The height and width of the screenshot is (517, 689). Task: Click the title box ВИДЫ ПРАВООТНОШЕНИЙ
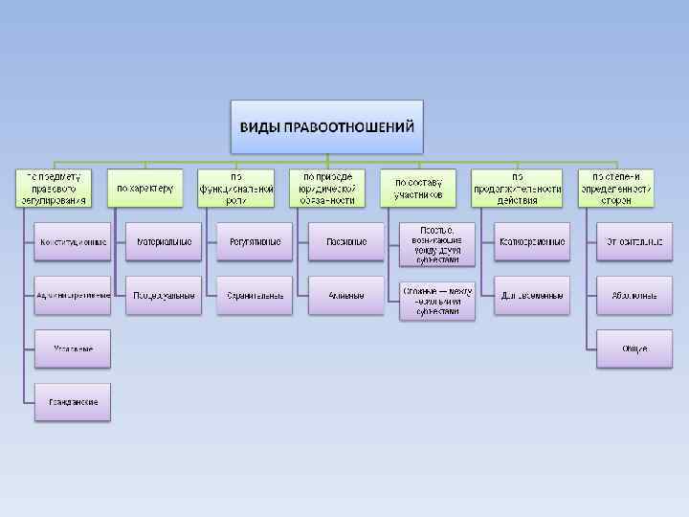coord(327,126)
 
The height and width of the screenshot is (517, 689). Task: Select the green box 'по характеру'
coord(145,189)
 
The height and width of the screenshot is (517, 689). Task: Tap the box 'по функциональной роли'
coord(236,189)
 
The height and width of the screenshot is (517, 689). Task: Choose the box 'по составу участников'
coord(418,189)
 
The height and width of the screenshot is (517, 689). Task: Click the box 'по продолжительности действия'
coord(517,189)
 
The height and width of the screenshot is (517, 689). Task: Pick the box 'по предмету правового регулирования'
coord(54,189)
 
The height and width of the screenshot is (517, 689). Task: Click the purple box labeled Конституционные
coord(73,242)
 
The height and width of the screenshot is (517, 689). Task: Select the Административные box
coord(73,295)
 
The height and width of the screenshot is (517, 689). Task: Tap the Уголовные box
coord(73,348)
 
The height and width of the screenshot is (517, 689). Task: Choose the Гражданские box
coord(73,402)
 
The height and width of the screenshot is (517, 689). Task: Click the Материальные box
coord(165,242)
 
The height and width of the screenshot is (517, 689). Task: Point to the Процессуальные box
coord(165,295)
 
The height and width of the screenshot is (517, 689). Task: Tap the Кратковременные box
coord(532,242)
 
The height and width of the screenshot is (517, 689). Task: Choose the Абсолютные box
coord(633,295)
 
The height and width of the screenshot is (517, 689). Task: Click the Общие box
coord(633,348)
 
